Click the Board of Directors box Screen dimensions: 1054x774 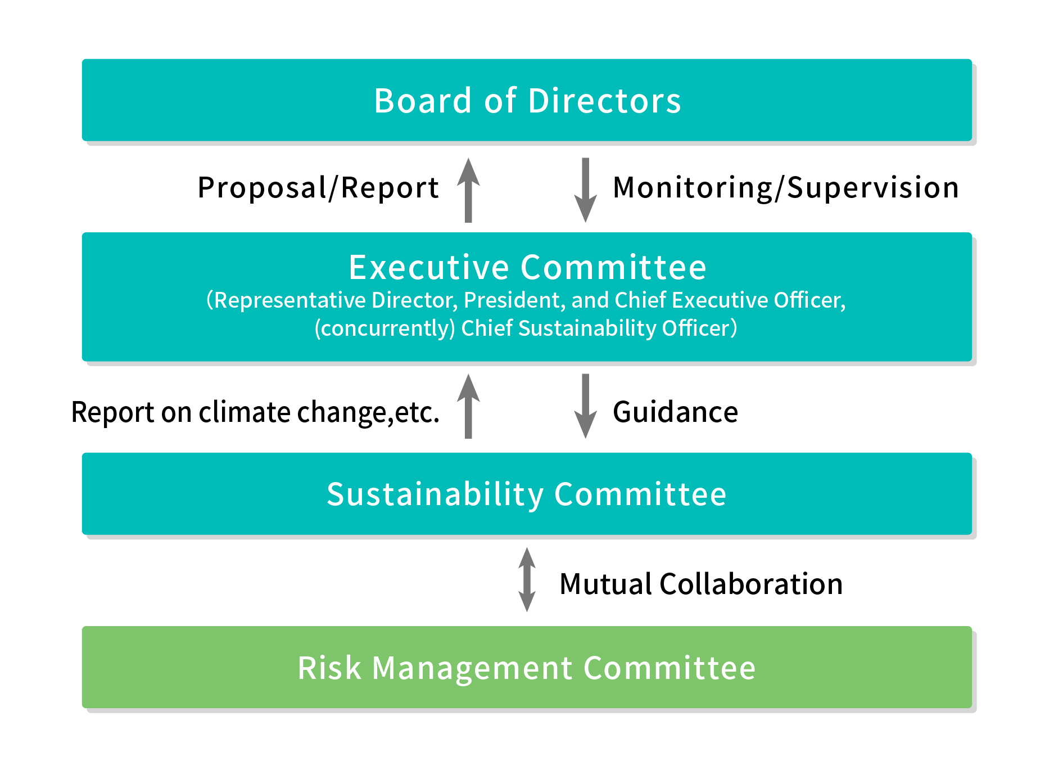tap(527, 100)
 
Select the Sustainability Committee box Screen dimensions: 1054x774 tap(527, 494)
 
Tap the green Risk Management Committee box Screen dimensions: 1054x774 tap(527, 667)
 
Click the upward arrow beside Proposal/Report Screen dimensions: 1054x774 tap(468, 190)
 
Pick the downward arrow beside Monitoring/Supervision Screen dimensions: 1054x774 tap(585, 190)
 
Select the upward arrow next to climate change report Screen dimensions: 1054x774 tap(468, 406)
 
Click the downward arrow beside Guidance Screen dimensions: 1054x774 tap(585, 406)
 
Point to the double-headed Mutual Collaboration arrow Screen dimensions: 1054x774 tap(527, 579)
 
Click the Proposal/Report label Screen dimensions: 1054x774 tap(318, 188)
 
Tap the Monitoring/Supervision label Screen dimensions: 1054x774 tap(786, 188)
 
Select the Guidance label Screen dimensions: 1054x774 tap(675, 412)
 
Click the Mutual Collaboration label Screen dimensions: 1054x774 tap(701, 584)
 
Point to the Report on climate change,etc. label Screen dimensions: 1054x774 tap(255, 413)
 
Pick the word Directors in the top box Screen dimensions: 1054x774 tap(604, 101)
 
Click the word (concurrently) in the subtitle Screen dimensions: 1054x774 tap(384, 328)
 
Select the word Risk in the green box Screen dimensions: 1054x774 tap(329, 668)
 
